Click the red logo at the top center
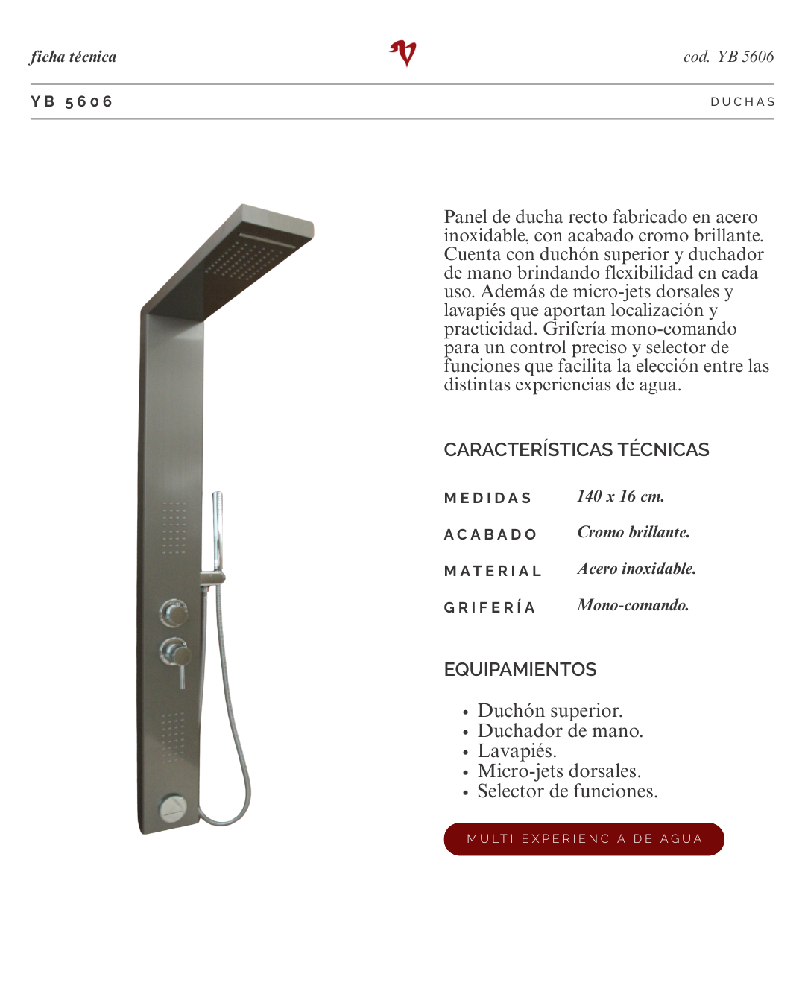(x=403, y=54)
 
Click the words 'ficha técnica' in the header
(x=73, y=57)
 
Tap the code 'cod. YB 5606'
(x=728, y=57)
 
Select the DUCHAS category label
(x=742, y=102)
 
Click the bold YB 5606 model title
(x=72, y=102)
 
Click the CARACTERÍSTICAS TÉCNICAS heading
(x=576, y=449)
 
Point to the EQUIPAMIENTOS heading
(x=520, y=669)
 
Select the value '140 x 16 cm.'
(x=620, y=496)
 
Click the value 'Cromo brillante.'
(x=634, y=532)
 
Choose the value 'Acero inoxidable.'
(x=637, y=569)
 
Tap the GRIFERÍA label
(x=490, y=607)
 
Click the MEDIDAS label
(x=487, y=498)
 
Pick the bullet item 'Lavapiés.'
(x=517, y=751)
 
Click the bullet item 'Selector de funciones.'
(x=567, y=791)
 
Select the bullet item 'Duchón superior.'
(x=549, y=711)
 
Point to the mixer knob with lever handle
(x=176, y=655)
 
